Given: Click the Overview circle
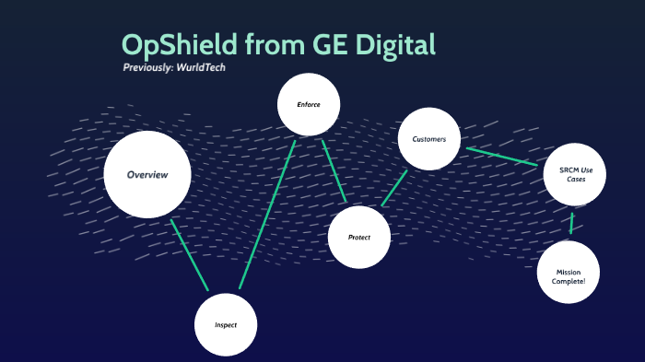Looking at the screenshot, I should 147,175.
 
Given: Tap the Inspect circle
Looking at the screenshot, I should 226,325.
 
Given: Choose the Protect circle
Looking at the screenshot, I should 359,238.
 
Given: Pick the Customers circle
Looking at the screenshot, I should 428,139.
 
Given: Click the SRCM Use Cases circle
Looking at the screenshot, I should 575,174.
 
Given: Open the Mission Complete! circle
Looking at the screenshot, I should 569,274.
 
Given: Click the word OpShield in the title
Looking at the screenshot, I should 177,44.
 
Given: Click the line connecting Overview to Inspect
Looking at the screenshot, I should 190,255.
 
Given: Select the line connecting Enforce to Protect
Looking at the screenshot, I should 334,171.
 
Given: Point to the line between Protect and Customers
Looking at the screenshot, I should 394,188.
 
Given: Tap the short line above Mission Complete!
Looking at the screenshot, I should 571,223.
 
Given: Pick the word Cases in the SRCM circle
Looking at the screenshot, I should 576,179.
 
